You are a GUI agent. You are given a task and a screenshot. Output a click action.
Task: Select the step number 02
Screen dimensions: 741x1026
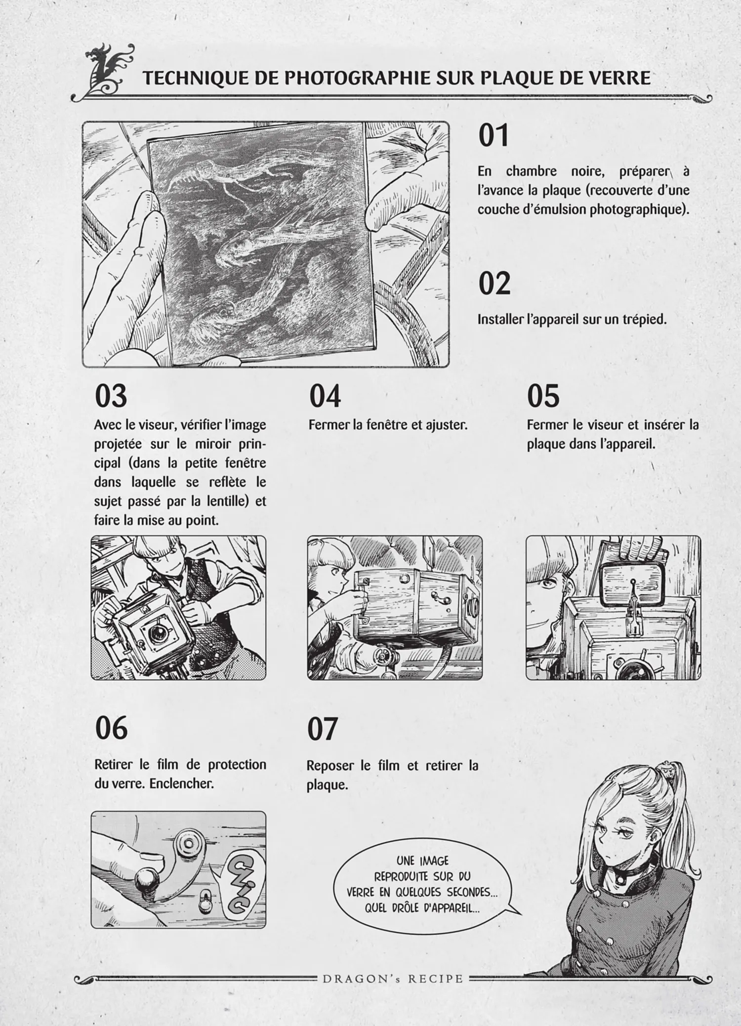494,283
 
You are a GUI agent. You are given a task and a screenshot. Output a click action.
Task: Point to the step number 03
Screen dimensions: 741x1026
111,396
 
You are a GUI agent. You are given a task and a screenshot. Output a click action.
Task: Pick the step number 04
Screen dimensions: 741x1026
325,396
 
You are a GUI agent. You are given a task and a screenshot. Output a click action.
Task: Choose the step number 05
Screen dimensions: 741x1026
543,396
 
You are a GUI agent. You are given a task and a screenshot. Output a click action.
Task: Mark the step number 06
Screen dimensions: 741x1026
111,728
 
